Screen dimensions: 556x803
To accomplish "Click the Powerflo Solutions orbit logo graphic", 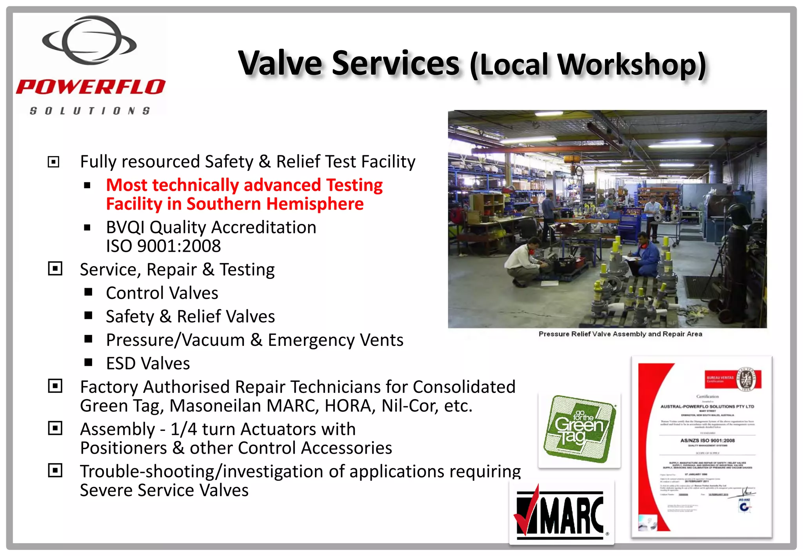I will (89, 40).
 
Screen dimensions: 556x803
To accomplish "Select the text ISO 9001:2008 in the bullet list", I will (164, 246).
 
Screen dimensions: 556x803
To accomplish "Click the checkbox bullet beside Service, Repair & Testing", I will (55, 269).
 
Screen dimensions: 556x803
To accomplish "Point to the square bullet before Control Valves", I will (88, 292).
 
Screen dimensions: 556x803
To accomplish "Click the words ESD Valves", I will (148, 363).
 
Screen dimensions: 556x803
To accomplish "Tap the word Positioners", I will (124, 448).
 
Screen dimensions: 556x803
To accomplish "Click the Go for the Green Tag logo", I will (579, 429).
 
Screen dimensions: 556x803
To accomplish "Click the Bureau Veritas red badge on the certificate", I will (732, 379).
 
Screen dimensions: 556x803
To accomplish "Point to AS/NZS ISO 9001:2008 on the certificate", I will (707, 440).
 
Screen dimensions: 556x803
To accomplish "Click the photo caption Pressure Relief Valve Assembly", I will (620, 334).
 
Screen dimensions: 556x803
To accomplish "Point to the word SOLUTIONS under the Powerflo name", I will (90, 111).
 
